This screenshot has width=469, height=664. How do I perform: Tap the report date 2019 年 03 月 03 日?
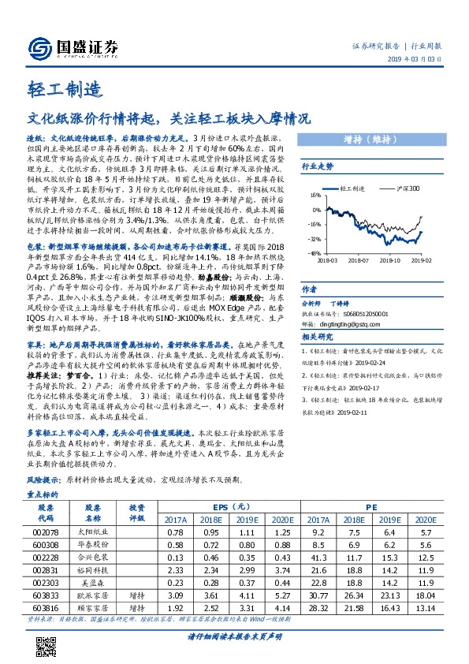(x=419, y=61)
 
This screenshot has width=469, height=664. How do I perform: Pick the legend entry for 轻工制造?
(x=351, y=189)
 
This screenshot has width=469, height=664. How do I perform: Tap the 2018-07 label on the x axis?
(x=359, y=259)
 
